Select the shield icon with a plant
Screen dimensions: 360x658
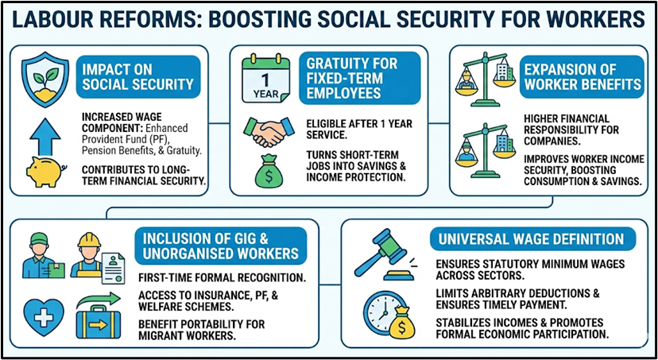click(x=41, y=76)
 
